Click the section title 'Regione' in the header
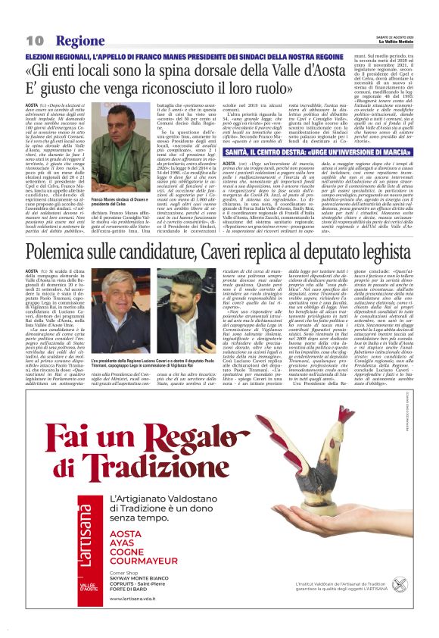click(x=79, y=40)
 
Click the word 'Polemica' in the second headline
click(x=61, y=251)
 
